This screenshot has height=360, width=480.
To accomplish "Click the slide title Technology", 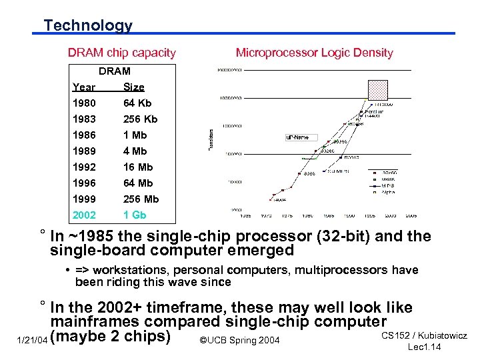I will coord(88,25).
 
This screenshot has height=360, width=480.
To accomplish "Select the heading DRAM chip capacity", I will coord(122,53).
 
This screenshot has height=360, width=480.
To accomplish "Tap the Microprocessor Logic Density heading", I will coord(314,53).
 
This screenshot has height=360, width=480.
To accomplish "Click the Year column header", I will coord(84,87).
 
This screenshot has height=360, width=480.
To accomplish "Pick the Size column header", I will coord(133,87).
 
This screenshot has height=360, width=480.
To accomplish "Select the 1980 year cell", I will coord(85,103).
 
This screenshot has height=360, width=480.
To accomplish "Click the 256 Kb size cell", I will coord(140,119).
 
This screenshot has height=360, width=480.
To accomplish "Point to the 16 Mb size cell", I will coord(138,167).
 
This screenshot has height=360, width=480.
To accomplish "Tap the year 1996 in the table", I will coord(85,183).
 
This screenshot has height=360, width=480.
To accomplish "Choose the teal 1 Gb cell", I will coord(135,215).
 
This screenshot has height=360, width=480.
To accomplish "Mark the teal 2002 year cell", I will coord(85,215).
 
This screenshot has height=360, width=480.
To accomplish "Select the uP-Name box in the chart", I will coord(297,137).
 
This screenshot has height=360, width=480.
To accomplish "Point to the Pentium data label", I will coord(374,111).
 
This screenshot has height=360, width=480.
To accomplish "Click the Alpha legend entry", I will coord(388,192).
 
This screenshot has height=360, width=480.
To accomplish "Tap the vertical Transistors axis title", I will coord(211,139).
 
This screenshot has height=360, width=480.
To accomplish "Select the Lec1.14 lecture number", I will coord(424,347).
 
